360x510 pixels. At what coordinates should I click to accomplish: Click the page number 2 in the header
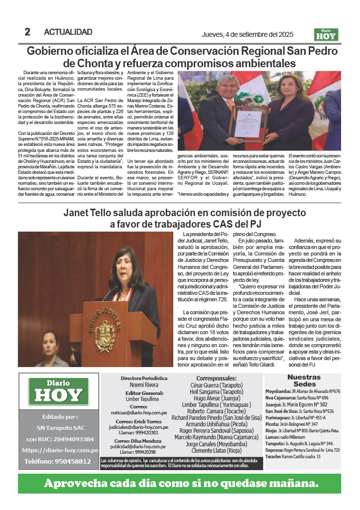coord(27,32)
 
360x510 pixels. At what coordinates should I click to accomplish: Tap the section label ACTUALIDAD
coord(68,32)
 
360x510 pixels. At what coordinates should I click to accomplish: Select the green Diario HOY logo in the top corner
coord(326,34)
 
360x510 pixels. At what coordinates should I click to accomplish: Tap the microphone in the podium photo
coord(109,294)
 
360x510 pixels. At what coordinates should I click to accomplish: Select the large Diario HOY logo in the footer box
coord(59,391)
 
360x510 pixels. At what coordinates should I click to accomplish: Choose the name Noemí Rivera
coord(144,385)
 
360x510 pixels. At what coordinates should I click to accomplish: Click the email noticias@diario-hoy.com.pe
coord(144,413)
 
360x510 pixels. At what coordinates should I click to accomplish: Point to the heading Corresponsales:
coord(217,379)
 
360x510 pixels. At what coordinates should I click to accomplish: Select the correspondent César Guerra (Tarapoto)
coord(217,385)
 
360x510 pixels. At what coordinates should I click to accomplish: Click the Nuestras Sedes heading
coord(304,381)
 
